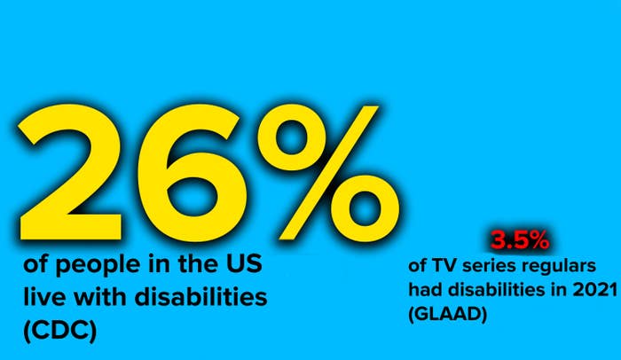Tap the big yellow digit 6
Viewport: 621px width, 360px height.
coord(186,175)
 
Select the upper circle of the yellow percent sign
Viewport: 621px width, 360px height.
coord(292,139)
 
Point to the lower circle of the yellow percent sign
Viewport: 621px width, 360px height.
coord(365,207)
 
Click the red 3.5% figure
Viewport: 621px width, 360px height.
coord(520,240)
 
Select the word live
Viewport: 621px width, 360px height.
coord(44,297)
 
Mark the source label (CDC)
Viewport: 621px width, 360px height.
coord(60,331)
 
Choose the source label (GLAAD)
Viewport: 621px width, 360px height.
coord(447,315)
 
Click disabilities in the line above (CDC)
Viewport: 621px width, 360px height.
coord(200,297)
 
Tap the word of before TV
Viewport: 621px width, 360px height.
coord(418,266)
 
